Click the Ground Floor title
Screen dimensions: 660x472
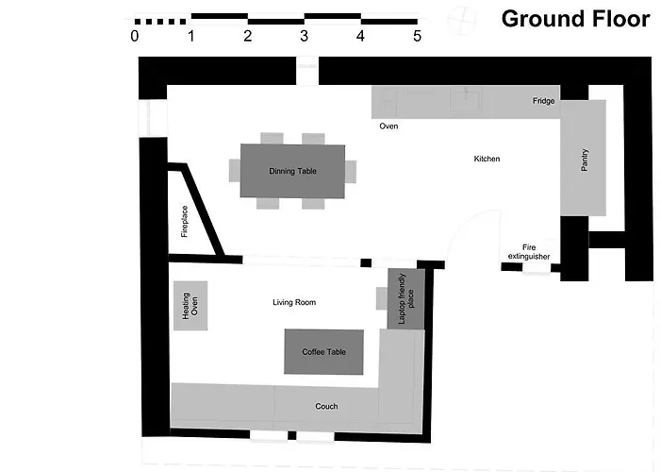click(x=575, y=20)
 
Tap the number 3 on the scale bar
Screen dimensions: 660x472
click(x=304, y=36)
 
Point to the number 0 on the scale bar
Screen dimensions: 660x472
click(x=134, y=36)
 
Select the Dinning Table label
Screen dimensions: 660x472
click(x=292, y=171)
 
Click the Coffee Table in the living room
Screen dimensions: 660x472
click(x=323, y=352)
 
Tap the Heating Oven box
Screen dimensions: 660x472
click(x=190, y=306)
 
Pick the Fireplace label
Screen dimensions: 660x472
click(x=185, y=221)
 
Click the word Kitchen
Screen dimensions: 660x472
click(x=487, y=159)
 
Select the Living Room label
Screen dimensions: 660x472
click(x=294, y=302)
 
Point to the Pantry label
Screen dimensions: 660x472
click(x=585, y=160)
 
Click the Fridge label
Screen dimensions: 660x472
click(x=544, y=101)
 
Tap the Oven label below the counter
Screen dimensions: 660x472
click(x=388, y=126)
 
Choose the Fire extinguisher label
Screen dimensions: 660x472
click(x=529, y=252)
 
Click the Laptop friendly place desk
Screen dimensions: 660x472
click(x=406, y=299)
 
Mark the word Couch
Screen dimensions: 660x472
click(x=326, y=406)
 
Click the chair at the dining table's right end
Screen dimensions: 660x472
click(x=351, y=172)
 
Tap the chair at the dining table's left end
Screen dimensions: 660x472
click(x=235, y=171)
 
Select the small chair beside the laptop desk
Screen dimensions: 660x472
click(x=382, y=298)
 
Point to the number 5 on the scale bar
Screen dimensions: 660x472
click(x=417, y=36)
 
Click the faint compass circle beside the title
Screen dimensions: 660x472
click(x=462, y=20)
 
